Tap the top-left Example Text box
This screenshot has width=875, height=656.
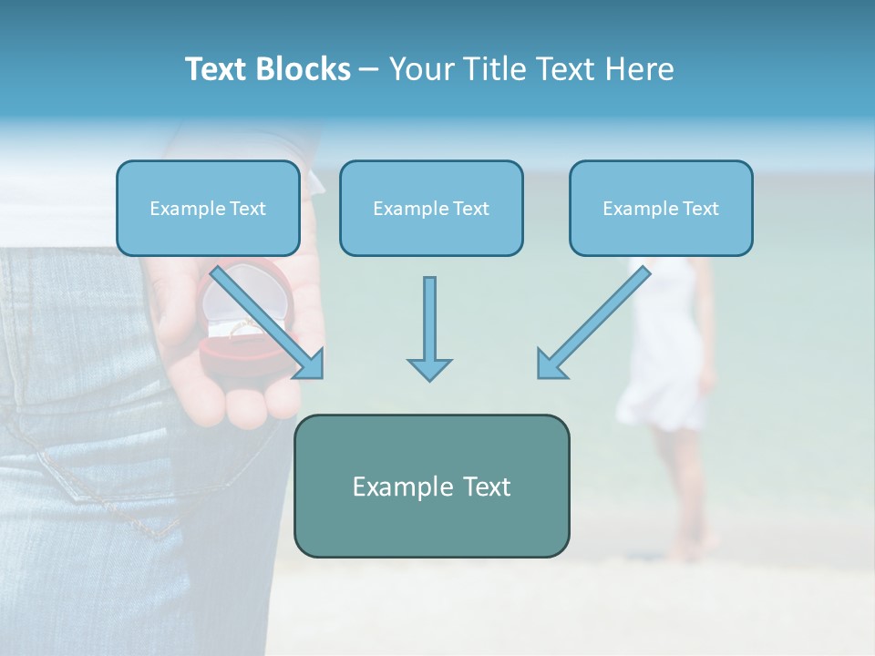208,208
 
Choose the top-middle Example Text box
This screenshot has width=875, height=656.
431,208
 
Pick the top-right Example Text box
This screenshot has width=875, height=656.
661,208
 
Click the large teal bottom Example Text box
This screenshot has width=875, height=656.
431,486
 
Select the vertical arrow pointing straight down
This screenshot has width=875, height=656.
429,328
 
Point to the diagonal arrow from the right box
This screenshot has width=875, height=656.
592,323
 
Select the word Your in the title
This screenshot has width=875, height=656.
416,69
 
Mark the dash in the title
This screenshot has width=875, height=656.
369,69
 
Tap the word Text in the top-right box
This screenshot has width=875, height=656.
700,208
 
